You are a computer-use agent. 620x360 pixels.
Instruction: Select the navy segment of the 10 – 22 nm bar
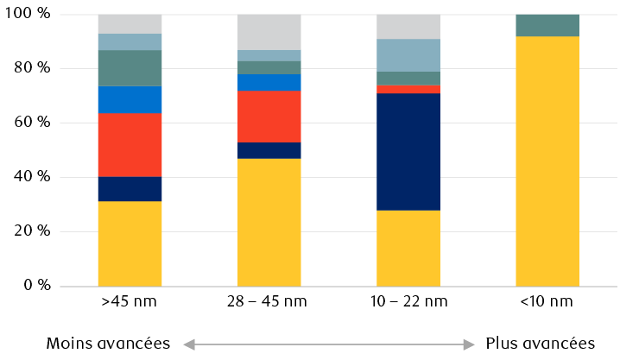point(408,151)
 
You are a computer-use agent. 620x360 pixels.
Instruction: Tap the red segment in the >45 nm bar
point(130,144)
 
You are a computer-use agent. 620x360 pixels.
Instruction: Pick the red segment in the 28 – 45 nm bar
point(269,116)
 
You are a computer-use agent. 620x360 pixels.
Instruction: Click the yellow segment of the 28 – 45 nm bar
point(269,222)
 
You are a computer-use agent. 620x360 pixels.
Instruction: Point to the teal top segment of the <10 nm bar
point(547,25)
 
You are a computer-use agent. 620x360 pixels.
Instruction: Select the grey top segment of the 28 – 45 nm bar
point(269,32)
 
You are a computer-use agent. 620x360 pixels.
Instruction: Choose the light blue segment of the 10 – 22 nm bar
point(408,54)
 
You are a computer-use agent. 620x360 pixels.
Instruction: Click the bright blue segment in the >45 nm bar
point(130,99)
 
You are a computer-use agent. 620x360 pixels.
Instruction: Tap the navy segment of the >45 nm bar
point(130,188)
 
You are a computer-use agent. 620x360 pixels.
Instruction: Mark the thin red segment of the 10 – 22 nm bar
point(408,89)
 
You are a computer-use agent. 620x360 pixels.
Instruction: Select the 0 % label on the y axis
point(39,285)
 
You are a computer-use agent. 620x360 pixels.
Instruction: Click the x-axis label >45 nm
point(130,302)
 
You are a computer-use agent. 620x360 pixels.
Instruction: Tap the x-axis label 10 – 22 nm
point(408,302)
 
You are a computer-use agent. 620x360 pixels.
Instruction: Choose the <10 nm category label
point(547,302)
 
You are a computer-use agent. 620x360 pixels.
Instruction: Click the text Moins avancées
point(108,344)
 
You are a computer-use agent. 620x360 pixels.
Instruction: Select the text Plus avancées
point(540,344)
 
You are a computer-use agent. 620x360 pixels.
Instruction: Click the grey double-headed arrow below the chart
point(329,344)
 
